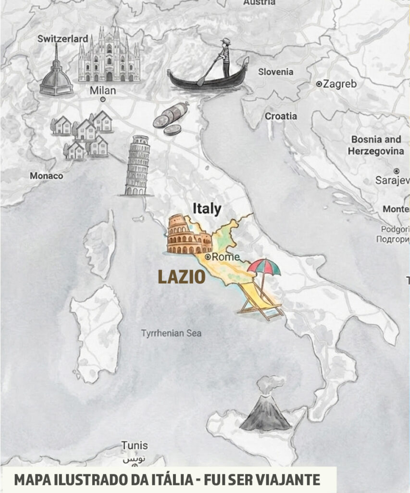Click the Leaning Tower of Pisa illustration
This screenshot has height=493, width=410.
pos(137,166)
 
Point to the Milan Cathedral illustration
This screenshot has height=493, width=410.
pos(109,55)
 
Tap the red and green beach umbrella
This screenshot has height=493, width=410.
pos(264,267)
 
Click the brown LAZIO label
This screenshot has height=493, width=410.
pos(182,277)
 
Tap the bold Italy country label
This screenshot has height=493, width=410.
pos(207,208)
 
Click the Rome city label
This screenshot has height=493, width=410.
pos(225,257)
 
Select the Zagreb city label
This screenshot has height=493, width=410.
pos(339,84)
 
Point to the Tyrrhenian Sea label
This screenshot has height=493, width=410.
pos(171,333)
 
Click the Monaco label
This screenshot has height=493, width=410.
pos(46,176)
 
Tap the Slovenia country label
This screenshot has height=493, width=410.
pos(275,72)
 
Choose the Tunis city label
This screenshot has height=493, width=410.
pos(134,445)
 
